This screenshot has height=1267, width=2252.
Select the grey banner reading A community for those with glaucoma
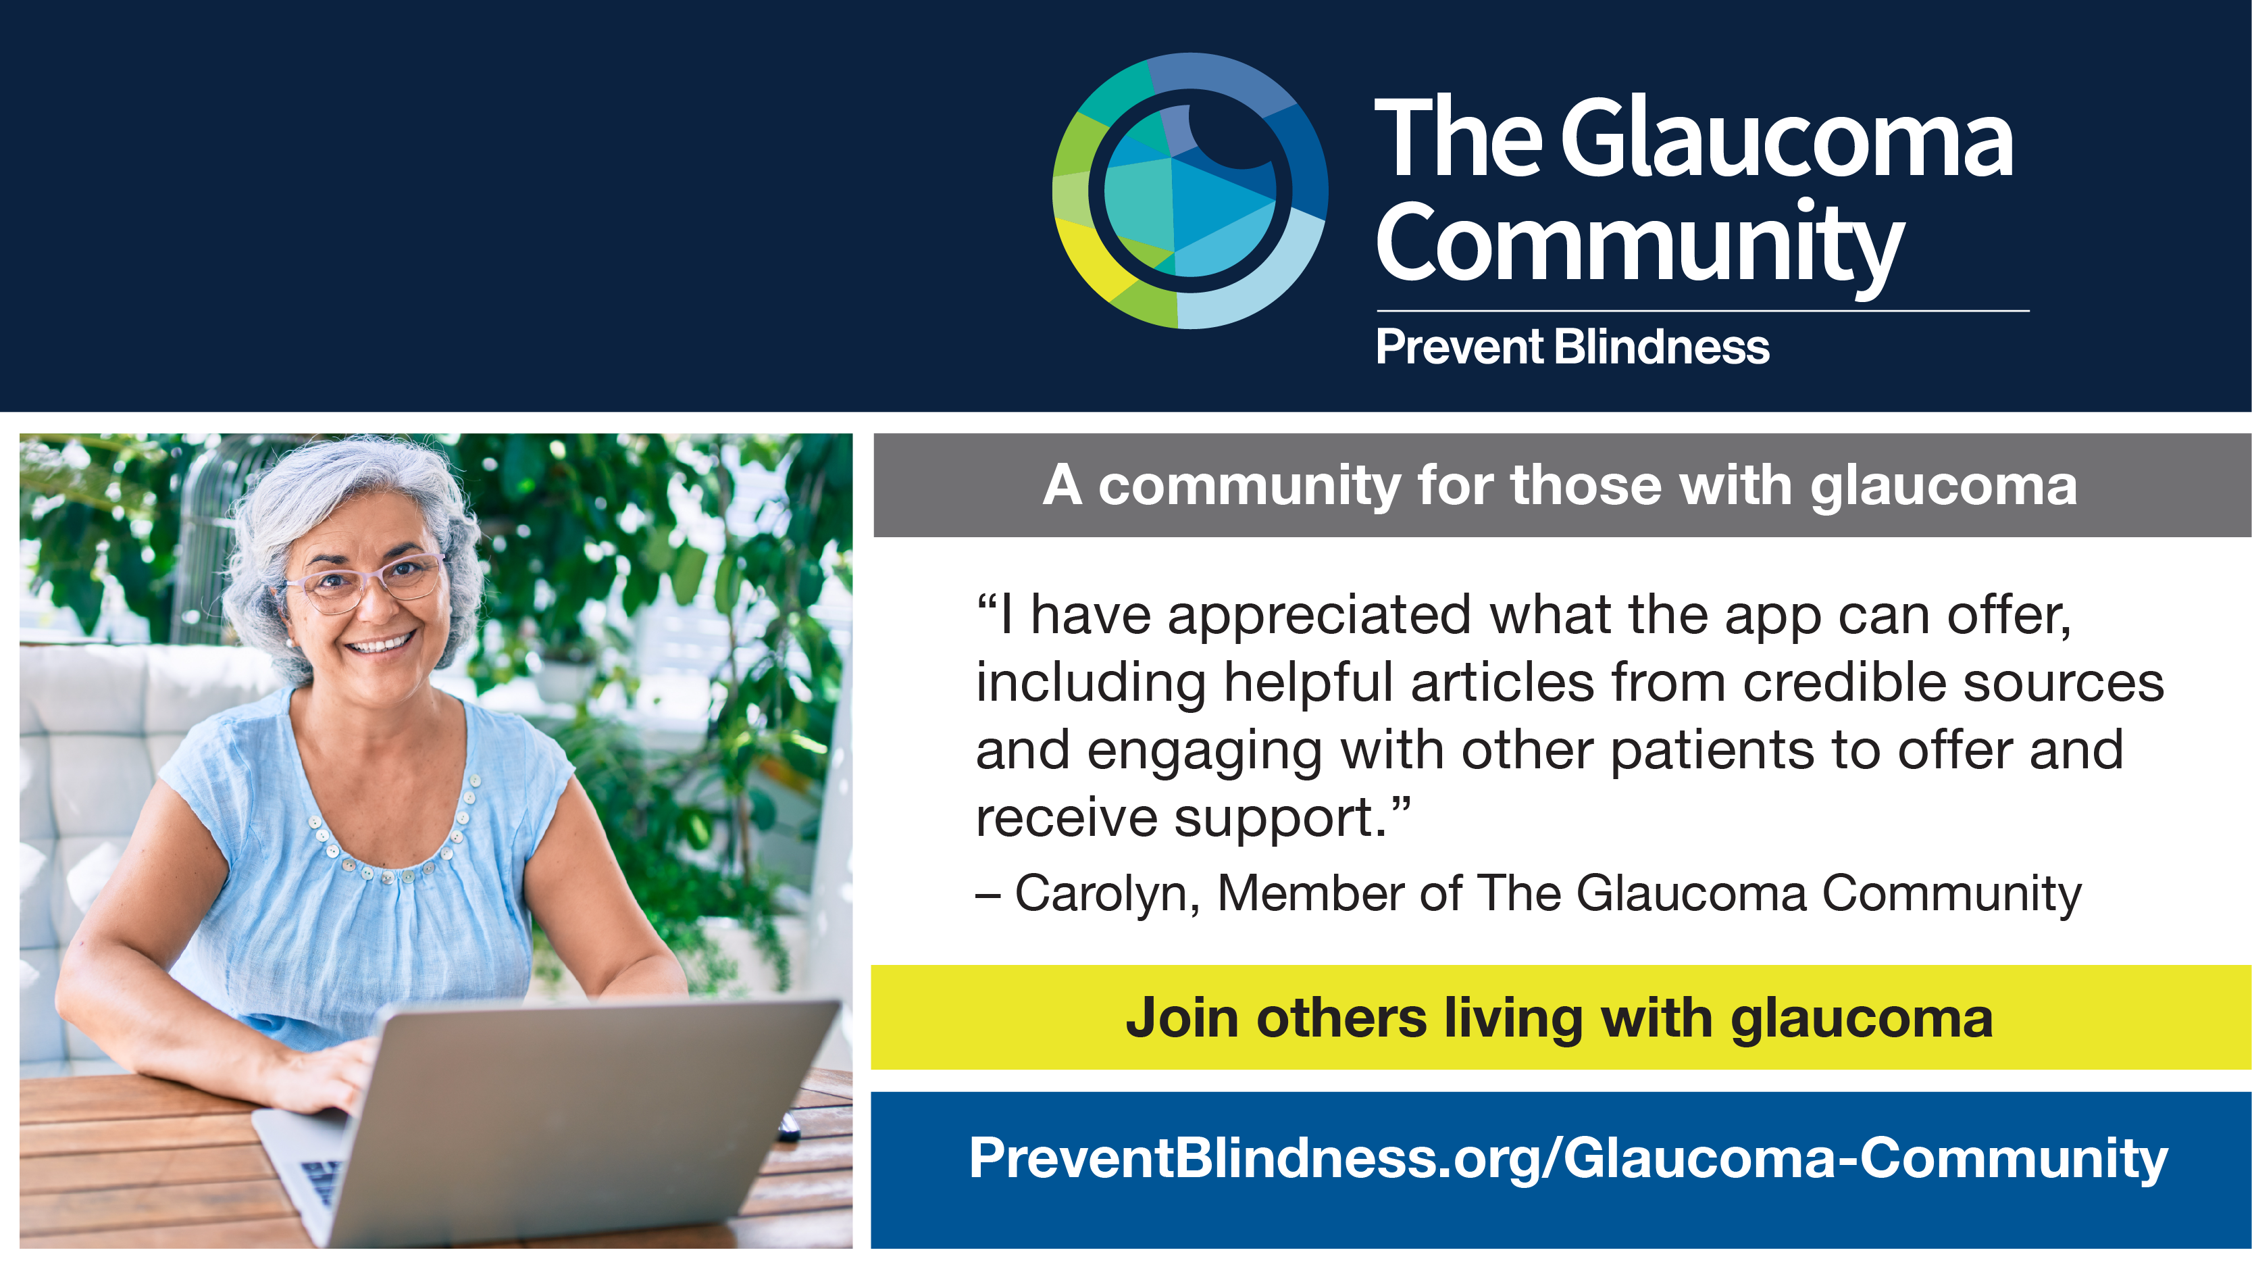pos(1562,485)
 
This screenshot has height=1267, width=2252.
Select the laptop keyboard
pos(322,1181)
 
